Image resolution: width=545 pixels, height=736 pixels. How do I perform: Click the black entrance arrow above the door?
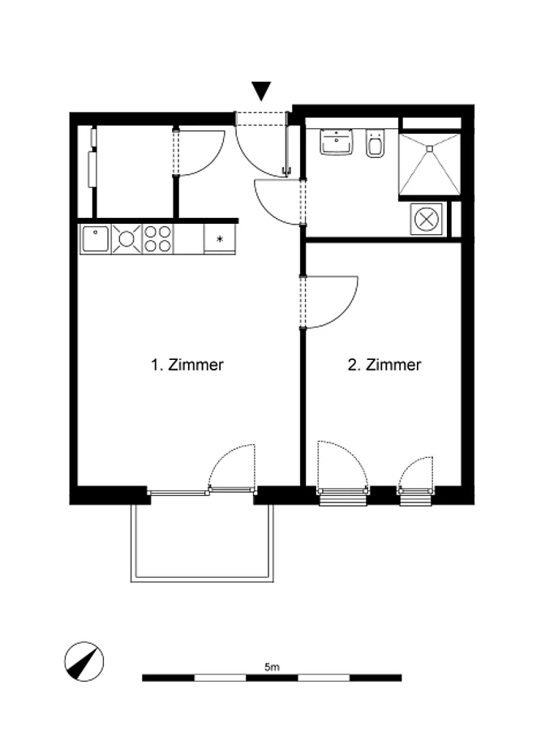261,91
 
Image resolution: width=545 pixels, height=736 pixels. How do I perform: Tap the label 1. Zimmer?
187,365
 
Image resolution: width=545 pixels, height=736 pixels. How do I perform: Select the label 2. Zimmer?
384,365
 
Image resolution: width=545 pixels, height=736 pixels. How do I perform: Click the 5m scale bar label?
272,666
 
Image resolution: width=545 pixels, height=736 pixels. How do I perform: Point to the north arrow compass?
84,661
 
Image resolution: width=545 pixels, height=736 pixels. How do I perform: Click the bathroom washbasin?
337,142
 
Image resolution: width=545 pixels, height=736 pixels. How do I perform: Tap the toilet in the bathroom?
375,143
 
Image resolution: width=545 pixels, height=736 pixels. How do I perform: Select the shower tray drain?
429,149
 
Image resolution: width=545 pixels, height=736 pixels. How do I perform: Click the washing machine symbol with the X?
427,219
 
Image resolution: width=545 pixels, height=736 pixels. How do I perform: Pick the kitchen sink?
96,239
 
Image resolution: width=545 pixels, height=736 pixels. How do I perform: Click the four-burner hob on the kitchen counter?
157,239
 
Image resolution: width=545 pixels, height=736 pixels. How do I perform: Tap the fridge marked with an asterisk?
220,239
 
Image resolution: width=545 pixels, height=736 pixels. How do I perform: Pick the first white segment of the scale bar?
220,678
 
